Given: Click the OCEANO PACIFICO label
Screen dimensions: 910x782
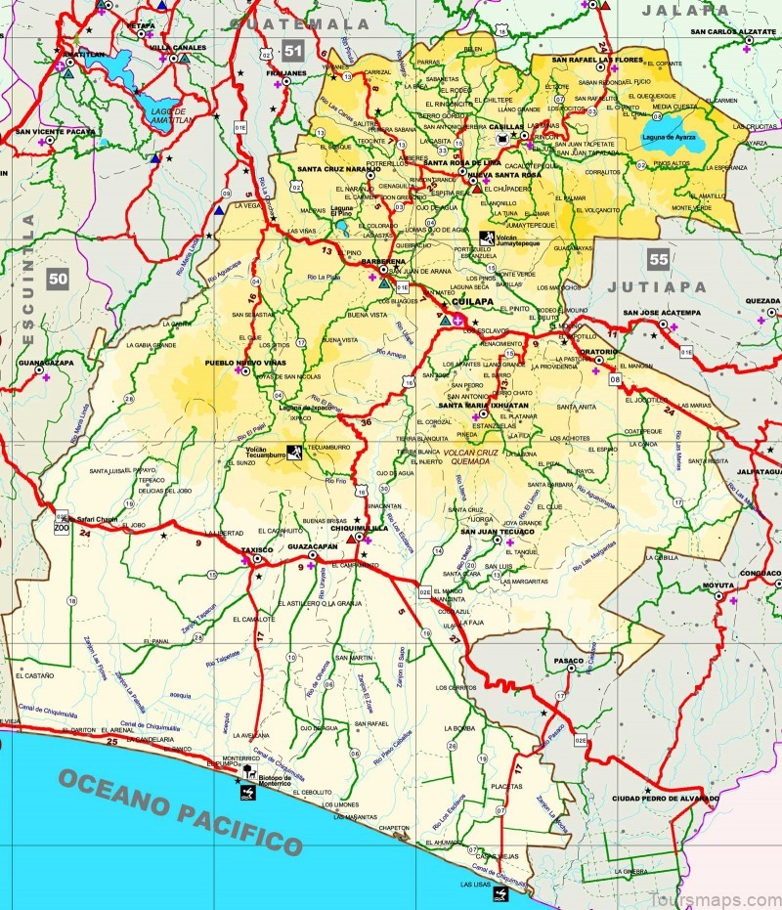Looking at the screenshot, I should [181, 809].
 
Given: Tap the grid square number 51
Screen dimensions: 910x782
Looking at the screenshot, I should [291, 51].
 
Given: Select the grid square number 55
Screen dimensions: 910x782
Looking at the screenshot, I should [658, 259].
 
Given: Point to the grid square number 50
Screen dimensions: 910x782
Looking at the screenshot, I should [59, 280].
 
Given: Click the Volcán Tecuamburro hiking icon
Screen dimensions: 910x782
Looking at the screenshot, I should [294, 451].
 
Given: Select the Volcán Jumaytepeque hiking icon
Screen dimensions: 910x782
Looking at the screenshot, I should [487, 238].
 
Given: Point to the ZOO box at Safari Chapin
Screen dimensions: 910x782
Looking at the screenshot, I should [62, 526].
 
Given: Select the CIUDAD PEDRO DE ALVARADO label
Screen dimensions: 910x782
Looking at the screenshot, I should [665, 799].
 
